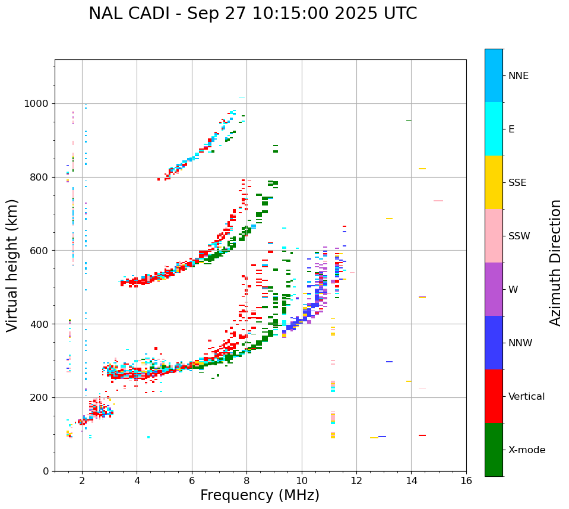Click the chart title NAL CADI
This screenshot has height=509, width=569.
pyautogui.click(x=252, y=14)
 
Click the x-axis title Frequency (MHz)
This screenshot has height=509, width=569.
pyautogui.click(x=260, y=495)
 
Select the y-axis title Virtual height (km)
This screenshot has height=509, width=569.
pyautogui.click(x=12, y=265)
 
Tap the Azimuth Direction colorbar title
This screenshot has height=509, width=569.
pyautogui.click(x=555, y=263)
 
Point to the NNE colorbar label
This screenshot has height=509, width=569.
pyautogui.click(x=518, y=76)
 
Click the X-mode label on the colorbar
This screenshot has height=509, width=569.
pyautogui.click(x=526, y=450)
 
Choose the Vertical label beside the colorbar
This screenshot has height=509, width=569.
pyautogui.click(x=526, y=397)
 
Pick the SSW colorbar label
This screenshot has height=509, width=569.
pyautogui.click(x=519, y=236)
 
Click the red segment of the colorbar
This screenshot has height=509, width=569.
pyautogui.click(x=494, y=396)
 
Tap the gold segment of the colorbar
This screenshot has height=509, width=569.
pyautogui.click(x=494, y=182)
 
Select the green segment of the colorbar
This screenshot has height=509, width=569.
pyautogui.click(x=494, y=450)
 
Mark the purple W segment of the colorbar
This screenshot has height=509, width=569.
pyautogui.click(x=494, y=289)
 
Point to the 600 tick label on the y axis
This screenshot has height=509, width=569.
pyautogui.click(x=40, y=251)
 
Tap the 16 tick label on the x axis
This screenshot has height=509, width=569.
pyautogui.click(x=466, y=481)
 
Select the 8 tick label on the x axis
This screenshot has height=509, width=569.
pyautogui.click(x=246, y=481)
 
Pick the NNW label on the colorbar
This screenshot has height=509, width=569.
pyautogui.click(x=520, y=343)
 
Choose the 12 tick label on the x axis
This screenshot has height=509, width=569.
pyautogui.click(x=356, y=481)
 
